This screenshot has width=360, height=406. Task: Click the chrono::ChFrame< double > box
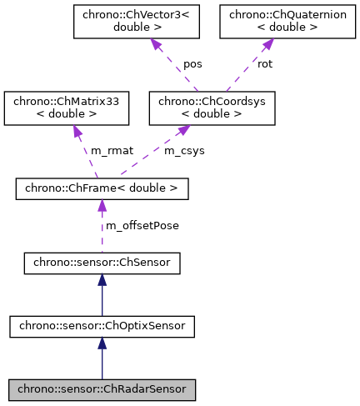tap(102, 189)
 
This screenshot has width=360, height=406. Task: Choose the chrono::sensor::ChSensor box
tap(102, 265)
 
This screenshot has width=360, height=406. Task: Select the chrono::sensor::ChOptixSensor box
tap(102, 327)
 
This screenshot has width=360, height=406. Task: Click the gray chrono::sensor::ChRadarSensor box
tap(102, 388)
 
